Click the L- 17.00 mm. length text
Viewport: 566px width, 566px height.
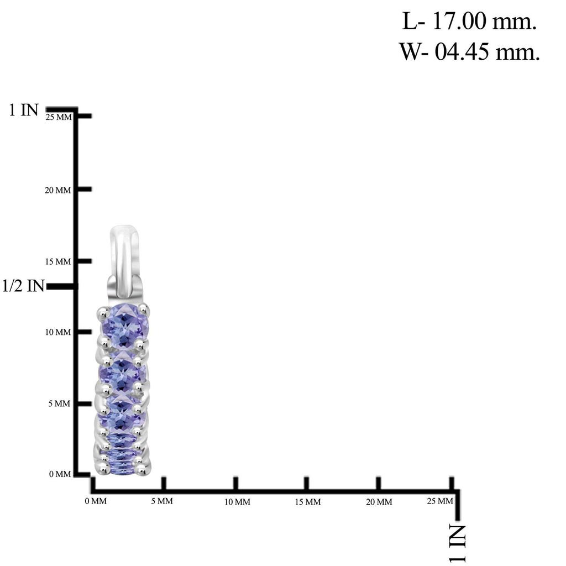(x=469, y=22)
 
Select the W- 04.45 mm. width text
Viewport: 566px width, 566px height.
(x=469, y=51)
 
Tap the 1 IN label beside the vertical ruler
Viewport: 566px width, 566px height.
(x=23, y=110)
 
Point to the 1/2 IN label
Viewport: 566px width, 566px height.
(x=23, y=286)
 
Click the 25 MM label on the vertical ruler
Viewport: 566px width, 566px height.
(x=59, y=117)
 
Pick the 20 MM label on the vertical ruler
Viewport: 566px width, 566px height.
(x=57, y=190)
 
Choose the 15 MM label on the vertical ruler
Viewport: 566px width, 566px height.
(x=57, y=261)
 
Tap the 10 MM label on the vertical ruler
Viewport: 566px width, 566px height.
(x=57, y=332)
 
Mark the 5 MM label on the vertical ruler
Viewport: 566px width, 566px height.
(x=59, y=403)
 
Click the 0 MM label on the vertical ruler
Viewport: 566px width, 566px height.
(x=60, y=474)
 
